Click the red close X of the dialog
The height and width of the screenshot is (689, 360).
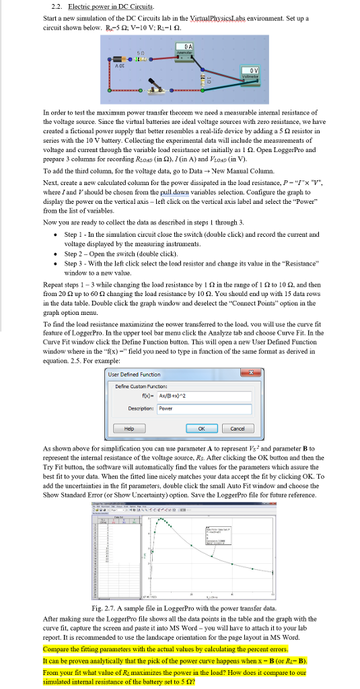(x=252, y=373)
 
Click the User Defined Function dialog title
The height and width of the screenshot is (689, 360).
(x=137, y=374)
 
